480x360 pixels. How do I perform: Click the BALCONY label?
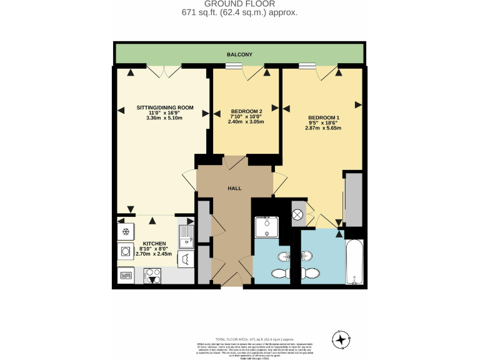[239, 55]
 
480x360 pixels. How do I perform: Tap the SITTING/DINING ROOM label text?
[165, 107]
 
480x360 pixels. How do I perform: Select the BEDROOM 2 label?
[246, 111]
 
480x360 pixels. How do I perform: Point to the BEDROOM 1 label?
[324, 117]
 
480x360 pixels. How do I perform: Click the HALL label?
[234, 188]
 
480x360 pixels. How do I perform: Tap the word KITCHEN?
[154, 243]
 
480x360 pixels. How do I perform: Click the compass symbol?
[341, 339]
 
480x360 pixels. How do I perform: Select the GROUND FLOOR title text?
[239, 4]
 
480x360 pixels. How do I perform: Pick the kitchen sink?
[186, 235]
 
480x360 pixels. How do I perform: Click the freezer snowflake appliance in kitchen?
[124, 231]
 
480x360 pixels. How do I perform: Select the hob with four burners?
[153, 275]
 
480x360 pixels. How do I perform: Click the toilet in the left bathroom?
[279, 272]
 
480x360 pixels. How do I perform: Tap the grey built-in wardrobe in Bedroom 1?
[353, 199]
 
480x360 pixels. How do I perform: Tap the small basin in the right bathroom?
[306, 255]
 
